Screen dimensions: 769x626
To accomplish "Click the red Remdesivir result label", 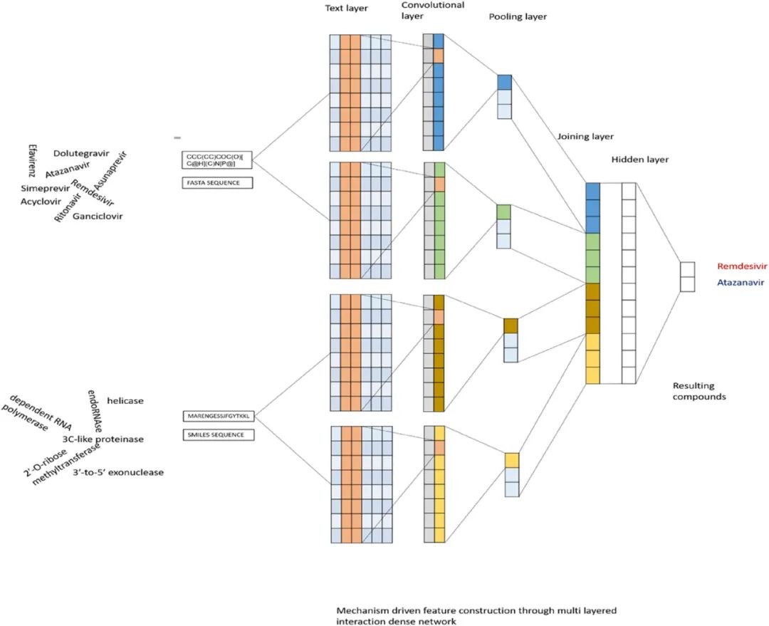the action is click(x=741, y=266).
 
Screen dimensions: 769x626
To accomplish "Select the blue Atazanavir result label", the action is click(x=741, y=283).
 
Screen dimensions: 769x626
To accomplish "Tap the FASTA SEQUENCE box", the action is click(x=217, y=183).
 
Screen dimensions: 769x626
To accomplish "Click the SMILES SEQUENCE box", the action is click(x=219, y=434).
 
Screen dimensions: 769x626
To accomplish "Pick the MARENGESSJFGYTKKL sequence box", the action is click(x=219, y=416).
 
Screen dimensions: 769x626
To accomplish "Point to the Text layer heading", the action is click(x=346, y=9).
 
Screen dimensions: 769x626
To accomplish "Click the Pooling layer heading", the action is click(x=518, y=16).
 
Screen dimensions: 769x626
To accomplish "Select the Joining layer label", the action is click(x=585, y=137).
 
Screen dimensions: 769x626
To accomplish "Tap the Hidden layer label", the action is click(x=640, y=160).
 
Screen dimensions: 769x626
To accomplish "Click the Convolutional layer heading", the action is click(x=433, y=10).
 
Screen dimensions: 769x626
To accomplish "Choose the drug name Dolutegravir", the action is click(x=81, y=154).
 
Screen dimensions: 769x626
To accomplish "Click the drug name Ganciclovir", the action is click(x=98, y=216).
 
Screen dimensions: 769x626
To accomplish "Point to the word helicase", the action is click(x=125, y=401).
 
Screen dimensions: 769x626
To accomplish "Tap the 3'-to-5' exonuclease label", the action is click(x=118, y=472).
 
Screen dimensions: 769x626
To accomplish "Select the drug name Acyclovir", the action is click(x=41, y=202).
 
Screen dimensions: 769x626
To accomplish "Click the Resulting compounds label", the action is click(x=699, y=391).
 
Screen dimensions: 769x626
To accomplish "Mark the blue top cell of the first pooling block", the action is click(x=505, y=83).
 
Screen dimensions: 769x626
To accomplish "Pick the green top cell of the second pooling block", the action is click(x=503, y=212).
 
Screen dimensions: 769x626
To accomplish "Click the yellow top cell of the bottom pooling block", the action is click(x=512, y=460).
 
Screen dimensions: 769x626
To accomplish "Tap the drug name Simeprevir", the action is click(x=45, y=189).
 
